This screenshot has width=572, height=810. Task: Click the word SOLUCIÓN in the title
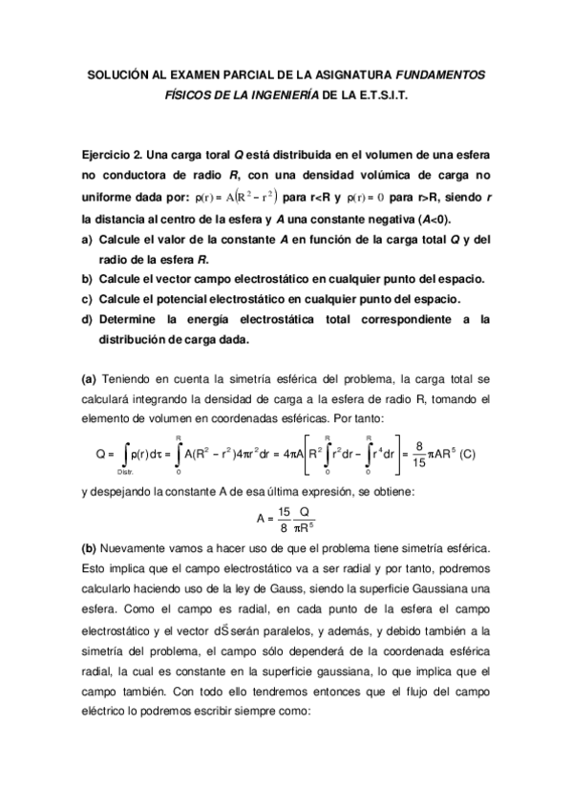pos(120,74)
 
